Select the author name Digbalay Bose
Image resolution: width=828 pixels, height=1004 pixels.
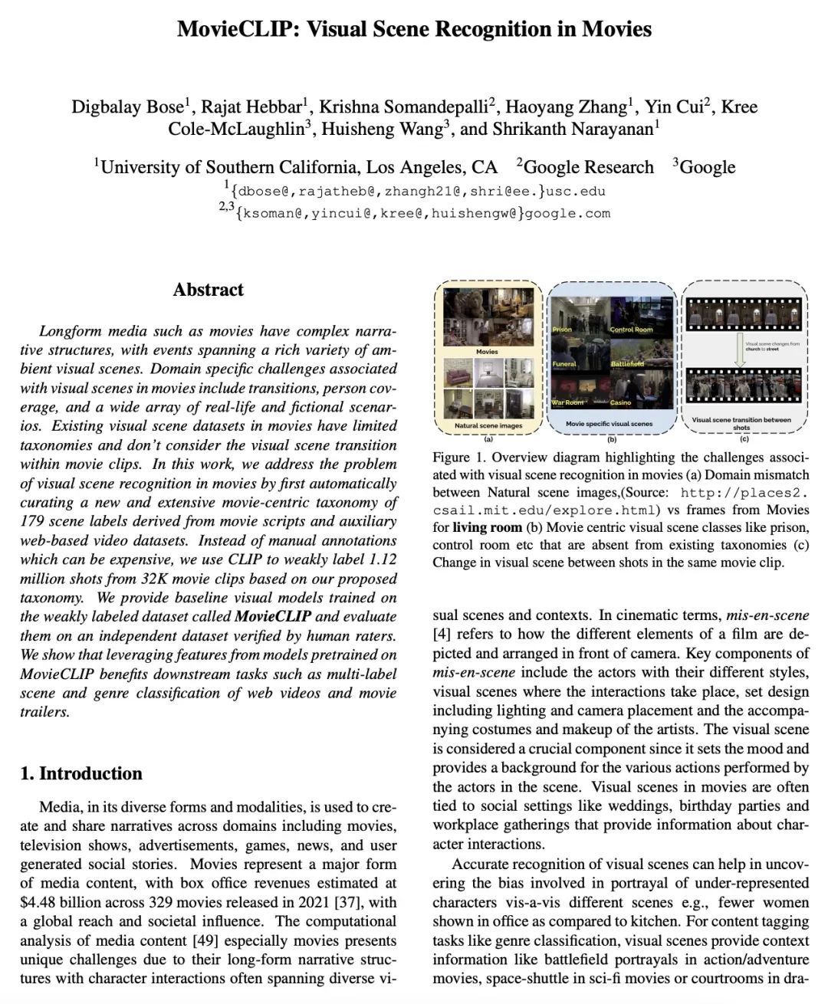[127, 107]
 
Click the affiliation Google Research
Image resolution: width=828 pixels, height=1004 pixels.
[588, 167]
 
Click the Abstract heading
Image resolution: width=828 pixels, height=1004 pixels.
[208, 290]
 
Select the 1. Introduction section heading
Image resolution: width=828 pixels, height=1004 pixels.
[81, 773]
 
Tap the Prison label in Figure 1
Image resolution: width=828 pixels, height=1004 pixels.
[562, 329]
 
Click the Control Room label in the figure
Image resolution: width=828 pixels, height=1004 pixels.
[631, 330]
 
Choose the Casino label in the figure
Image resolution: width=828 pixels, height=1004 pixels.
[620, 402]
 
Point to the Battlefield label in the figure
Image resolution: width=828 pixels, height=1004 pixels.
[627, 364]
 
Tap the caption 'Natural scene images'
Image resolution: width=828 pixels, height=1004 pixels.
[488, 425]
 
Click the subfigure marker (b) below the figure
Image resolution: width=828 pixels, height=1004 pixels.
[611, 439]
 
